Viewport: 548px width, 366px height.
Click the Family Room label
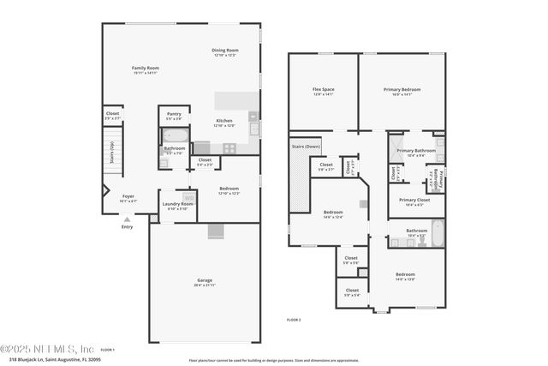(146, 68)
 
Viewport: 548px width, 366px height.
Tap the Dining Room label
(225, 51)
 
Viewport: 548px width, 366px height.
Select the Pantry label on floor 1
(174, 113)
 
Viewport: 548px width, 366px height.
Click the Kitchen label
(223, 121)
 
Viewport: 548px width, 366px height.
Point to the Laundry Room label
(177, 204)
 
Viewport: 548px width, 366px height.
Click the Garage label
(204, 280)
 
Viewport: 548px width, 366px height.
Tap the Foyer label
(128, 196)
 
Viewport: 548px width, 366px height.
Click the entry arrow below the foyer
(128, 220)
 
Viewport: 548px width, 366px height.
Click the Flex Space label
(322, 88)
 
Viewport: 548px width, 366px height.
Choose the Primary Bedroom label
(402, 88)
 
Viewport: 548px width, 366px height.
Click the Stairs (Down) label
(306, 147)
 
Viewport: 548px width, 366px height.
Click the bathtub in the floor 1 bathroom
(176, 136)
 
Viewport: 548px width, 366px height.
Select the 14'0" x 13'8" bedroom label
(405, 275)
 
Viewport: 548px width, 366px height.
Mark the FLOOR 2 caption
(294, 319)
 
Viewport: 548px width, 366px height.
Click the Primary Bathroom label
(416, 151)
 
